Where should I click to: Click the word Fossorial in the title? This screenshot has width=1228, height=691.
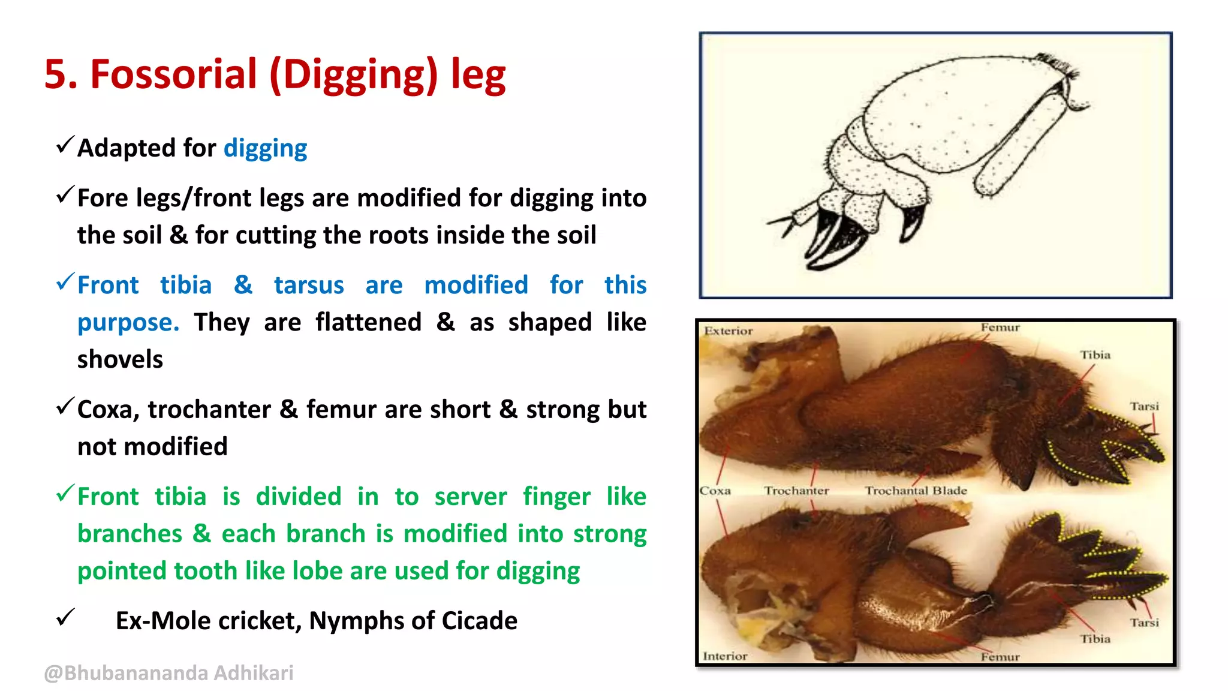point(173,74)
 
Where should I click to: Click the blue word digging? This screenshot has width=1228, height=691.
point(265,148)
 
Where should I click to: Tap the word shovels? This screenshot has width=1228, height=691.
point(120,359)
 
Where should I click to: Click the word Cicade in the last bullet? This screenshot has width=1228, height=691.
point(479,621)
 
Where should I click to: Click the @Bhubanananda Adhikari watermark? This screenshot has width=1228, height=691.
point(168,673)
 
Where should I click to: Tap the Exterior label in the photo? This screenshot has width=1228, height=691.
point(728,331)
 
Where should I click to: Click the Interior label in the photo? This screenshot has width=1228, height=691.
point(725,656)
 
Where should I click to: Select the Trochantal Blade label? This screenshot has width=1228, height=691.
point(916,491)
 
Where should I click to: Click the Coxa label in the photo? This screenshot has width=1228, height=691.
point(715,491)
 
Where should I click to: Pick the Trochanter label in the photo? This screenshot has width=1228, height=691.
point(796,491)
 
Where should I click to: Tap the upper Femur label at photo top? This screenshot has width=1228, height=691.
point(1000,328)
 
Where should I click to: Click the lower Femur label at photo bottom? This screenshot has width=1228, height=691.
point(1000,657)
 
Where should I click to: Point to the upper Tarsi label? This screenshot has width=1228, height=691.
point(1144,407)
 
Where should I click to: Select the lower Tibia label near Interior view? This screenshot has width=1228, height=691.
point(1095,639)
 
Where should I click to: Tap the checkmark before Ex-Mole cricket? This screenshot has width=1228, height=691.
point(65,617)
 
